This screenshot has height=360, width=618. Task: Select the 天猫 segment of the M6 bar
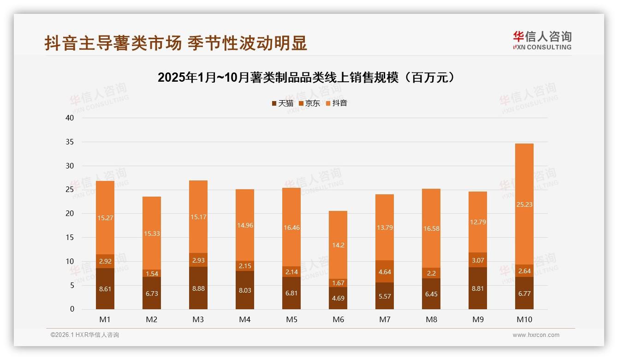point(338,298)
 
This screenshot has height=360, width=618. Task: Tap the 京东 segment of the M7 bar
point(385,271)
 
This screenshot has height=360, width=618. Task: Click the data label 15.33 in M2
point(152,234)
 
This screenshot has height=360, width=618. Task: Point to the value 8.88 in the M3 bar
point(198,288)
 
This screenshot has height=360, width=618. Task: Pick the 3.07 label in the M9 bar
point(477,260)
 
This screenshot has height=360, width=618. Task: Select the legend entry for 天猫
point(282,103)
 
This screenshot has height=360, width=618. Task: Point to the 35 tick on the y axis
point(70,142)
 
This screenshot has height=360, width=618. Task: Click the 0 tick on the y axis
point(72,309)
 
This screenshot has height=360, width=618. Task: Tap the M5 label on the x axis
point(291,319)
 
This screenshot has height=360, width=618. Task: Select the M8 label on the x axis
point(431,319)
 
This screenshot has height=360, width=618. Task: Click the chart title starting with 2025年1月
point(306,78)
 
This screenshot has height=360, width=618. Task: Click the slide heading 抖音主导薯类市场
point(175,43)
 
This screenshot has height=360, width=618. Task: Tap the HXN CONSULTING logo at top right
point(542,41)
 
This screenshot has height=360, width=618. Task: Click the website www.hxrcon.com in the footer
point(536,335)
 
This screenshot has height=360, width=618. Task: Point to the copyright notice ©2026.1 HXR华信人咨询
point(85,335)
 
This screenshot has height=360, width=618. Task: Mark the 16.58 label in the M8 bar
point(431,228)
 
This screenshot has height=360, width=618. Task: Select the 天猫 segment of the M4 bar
point(245,290)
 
